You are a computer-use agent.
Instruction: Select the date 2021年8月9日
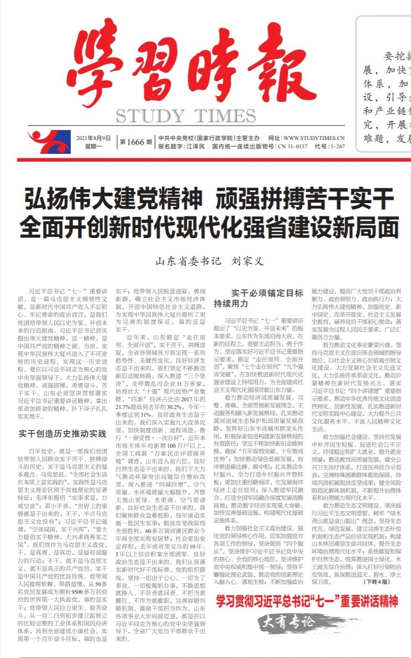click(93, 138)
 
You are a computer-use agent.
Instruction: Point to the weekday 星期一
click(87, 146)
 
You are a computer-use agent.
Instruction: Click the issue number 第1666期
click(135, 142)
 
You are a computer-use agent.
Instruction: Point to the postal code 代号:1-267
click(330, 147)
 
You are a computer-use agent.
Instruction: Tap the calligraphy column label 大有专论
click(290, 621)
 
